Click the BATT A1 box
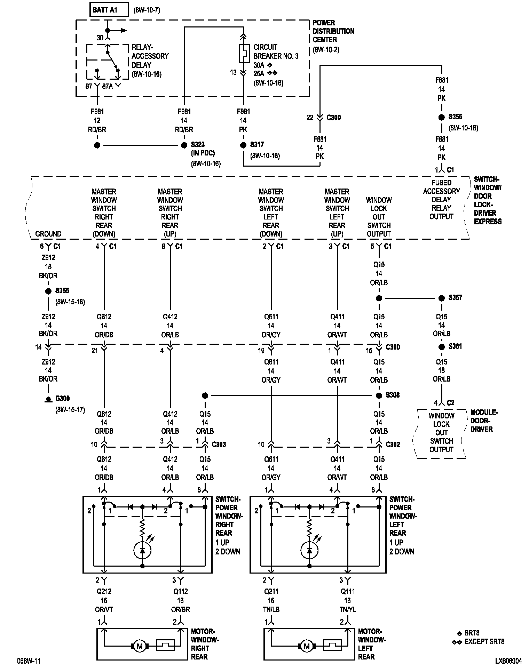109,10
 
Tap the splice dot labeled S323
184,145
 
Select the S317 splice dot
243,145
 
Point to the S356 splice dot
442,117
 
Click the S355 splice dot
48,291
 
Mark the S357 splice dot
442,298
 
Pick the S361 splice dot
442,347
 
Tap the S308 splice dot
379,395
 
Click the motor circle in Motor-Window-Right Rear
140,646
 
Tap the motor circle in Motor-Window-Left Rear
307,646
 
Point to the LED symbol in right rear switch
142,550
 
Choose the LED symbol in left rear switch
309,550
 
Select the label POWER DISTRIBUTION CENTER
333,31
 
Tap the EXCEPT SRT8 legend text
484,642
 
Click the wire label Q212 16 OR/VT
104,600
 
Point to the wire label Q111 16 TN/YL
347,600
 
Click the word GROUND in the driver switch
48,234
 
